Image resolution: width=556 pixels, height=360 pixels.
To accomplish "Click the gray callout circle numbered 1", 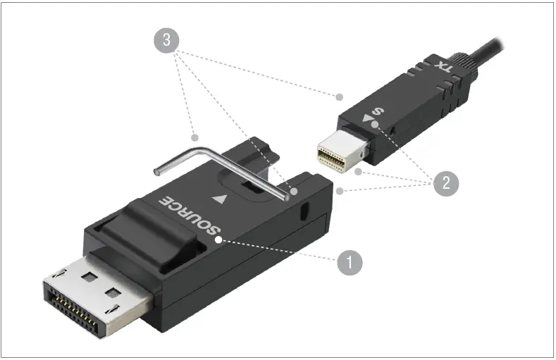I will tap(350, 263).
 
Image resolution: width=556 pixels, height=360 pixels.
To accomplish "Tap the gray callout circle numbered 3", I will tap(166, 40).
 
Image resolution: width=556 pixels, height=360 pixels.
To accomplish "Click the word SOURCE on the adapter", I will tap(191, 215).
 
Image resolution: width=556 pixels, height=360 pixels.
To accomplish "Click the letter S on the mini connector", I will tap(378, 111).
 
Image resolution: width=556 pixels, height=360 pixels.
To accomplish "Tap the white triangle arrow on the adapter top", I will tap(224, 199).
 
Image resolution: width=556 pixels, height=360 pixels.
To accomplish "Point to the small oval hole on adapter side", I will tap(304, 211).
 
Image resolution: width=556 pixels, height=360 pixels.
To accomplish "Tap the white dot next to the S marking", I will tap(375, 125).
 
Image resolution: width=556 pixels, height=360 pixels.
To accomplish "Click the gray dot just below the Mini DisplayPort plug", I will tap(359, 171).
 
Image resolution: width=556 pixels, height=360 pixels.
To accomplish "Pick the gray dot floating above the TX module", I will tap(339, 96).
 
